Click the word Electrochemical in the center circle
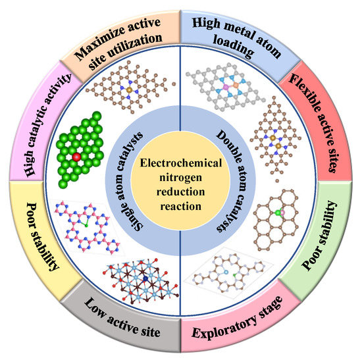[x=180, y=161]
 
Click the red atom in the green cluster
[x=78, y=157]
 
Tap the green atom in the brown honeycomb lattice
[x=279, y=213]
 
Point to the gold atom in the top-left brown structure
[x=129, y=89]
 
